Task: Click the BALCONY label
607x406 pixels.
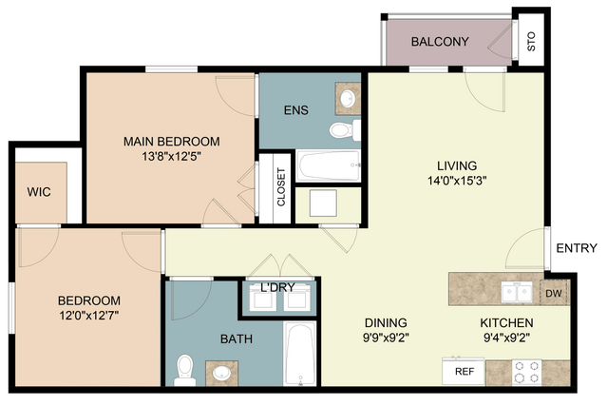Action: tap(440, 42)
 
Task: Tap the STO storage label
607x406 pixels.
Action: tap(531, 42)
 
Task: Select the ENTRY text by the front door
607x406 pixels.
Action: tap(577, 248)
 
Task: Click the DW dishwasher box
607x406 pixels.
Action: tap(554, 293)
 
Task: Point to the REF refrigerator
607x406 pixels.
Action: tap(464, 371)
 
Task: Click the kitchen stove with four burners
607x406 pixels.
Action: tap(526, 373)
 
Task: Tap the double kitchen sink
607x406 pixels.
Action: tap(517, 292)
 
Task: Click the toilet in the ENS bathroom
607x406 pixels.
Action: tap(345, 129)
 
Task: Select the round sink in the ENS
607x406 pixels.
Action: tap(348, 98)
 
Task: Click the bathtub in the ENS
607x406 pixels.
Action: tap(329, 165)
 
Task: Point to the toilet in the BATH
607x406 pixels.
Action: tap(184, 371)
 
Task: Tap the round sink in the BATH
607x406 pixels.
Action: tap(222, 374)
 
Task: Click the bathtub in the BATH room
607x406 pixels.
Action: tap(300, 354)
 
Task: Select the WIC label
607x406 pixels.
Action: tap(39, 192)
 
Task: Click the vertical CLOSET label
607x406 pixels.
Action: tap(281, 187)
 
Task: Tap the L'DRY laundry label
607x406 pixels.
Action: tap(277, 287)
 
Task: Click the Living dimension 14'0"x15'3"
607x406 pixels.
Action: tap(457, 181)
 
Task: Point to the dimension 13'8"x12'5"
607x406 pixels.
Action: tap(172, 157)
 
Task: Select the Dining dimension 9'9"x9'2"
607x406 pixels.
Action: tap(386, 338)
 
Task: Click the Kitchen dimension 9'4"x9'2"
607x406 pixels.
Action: tap(506, 338)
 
